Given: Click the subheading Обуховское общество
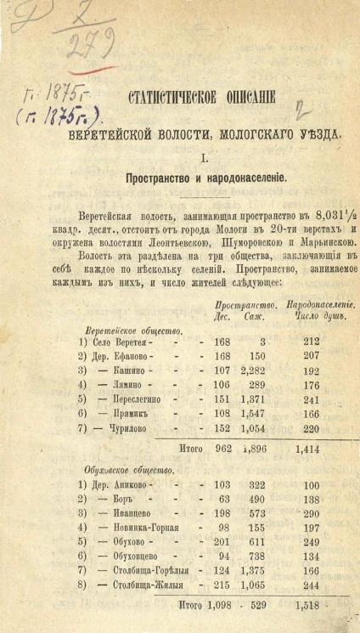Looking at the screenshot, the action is tap(131, 469).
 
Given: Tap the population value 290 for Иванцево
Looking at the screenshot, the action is tap(312, 514).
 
